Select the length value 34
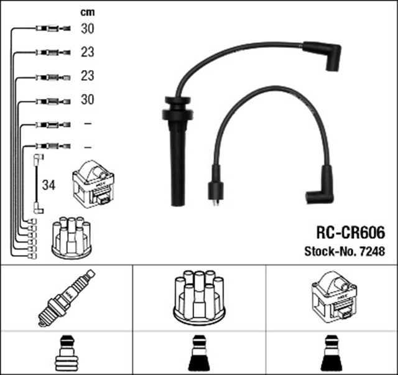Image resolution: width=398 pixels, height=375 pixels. [49, 185]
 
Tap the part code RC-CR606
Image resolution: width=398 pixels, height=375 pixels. [351, 233]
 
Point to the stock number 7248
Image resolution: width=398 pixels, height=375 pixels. [373, 252]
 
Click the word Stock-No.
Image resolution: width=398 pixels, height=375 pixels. [328, 252]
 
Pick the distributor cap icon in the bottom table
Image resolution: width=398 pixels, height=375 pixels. [198, 297]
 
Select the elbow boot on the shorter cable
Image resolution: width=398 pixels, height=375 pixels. [320, 187]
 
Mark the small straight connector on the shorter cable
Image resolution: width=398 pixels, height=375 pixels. [215, 189]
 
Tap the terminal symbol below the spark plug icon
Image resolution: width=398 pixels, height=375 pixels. [67, 353]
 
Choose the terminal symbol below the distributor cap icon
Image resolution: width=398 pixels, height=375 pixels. [198, 353]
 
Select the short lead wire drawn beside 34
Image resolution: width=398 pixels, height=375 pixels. [37, 184]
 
